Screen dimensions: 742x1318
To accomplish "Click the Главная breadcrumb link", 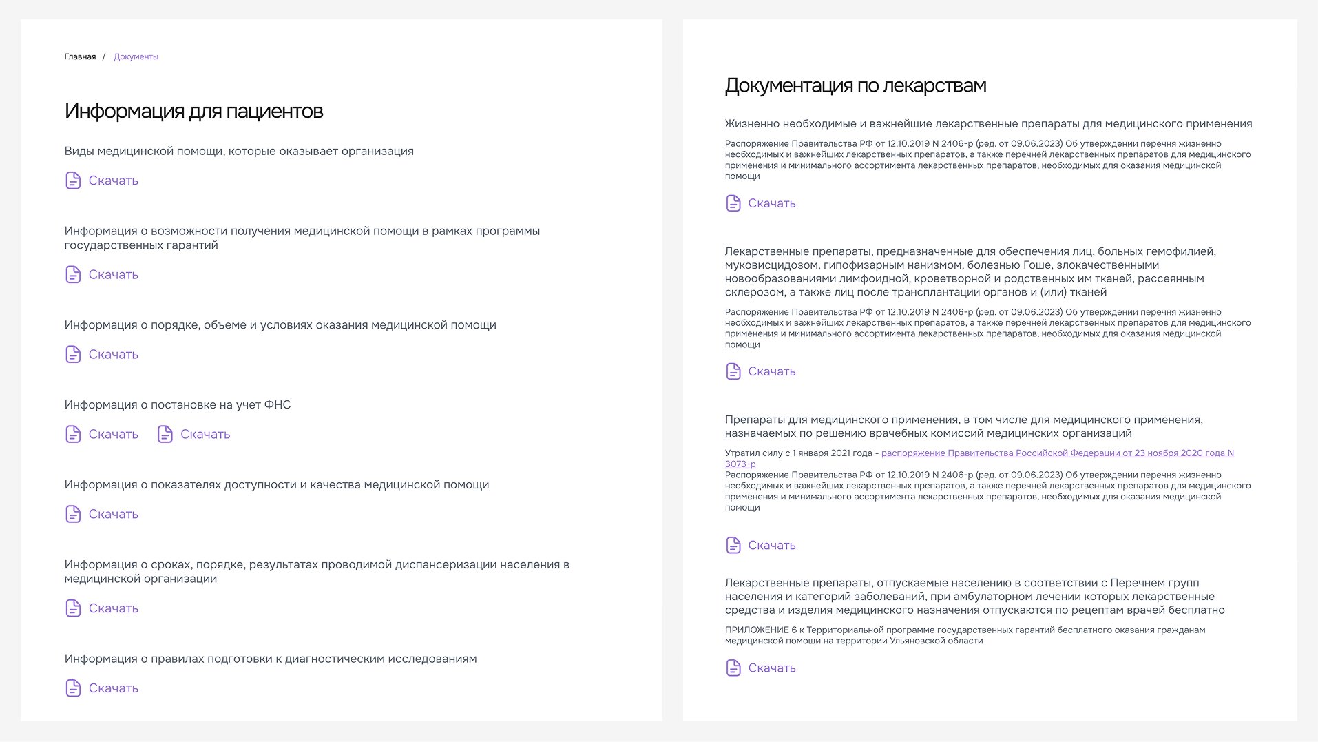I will point(80,57).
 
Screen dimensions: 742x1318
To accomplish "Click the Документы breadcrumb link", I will point(136,57).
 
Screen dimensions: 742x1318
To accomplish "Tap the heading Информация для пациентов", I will point(193,112).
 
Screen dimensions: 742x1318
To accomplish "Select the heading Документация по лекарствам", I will point(855,86).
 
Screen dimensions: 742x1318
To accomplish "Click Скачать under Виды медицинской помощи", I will point(113,181).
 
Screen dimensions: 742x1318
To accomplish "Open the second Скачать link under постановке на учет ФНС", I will point(205,434).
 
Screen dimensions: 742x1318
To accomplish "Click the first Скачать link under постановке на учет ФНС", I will point(113,434).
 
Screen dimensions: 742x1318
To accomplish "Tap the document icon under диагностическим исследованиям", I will point(73,688).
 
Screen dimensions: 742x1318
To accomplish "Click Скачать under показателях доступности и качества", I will point(113,514).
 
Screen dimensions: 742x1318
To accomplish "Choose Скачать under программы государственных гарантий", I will point(113,274).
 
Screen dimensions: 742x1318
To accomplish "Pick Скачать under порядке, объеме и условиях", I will point(113,354).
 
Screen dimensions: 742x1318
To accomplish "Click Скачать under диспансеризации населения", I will point(113,608).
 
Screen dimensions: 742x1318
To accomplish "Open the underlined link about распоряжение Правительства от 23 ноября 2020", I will point(1057,453).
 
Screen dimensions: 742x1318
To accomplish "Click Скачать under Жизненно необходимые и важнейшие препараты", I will point(771,203).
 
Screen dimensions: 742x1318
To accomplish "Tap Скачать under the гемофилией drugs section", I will point(771,371).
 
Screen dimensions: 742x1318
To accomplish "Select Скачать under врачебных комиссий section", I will point(771,545).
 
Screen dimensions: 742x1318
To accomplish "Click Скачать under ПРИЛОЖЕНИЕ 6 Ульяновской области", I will point(771,668).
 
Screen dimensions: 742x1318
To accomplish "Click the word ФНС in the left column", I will point(278,405).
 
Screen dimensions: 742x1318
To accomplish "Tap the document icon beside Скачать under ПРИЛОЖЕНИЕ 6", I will point(733,668).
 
